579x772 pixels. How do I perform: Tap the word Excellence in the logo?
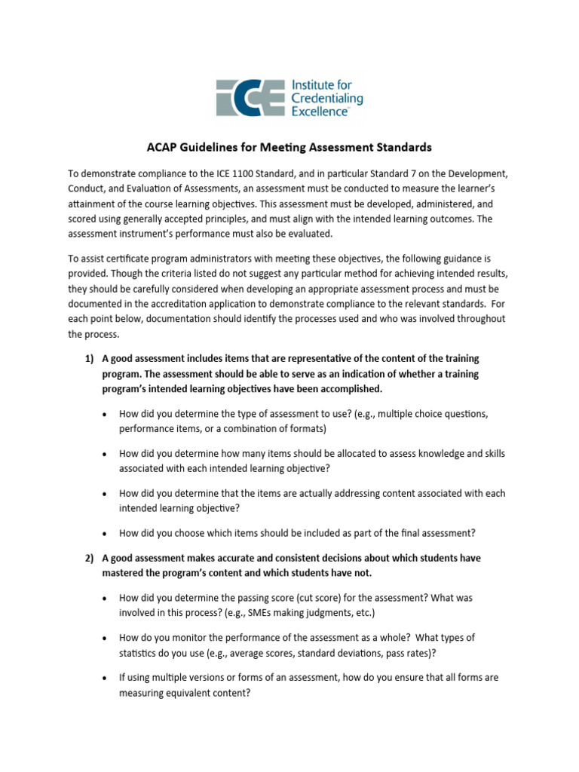click(x=319, y=111)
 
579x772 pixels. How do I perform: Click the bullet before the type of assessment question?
click(x=103, y=414)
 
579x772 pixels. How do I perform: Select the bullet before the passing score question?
click(x=103, y=598)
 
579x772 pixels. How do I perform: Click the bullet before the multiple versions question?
click(x=103, y=678)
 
